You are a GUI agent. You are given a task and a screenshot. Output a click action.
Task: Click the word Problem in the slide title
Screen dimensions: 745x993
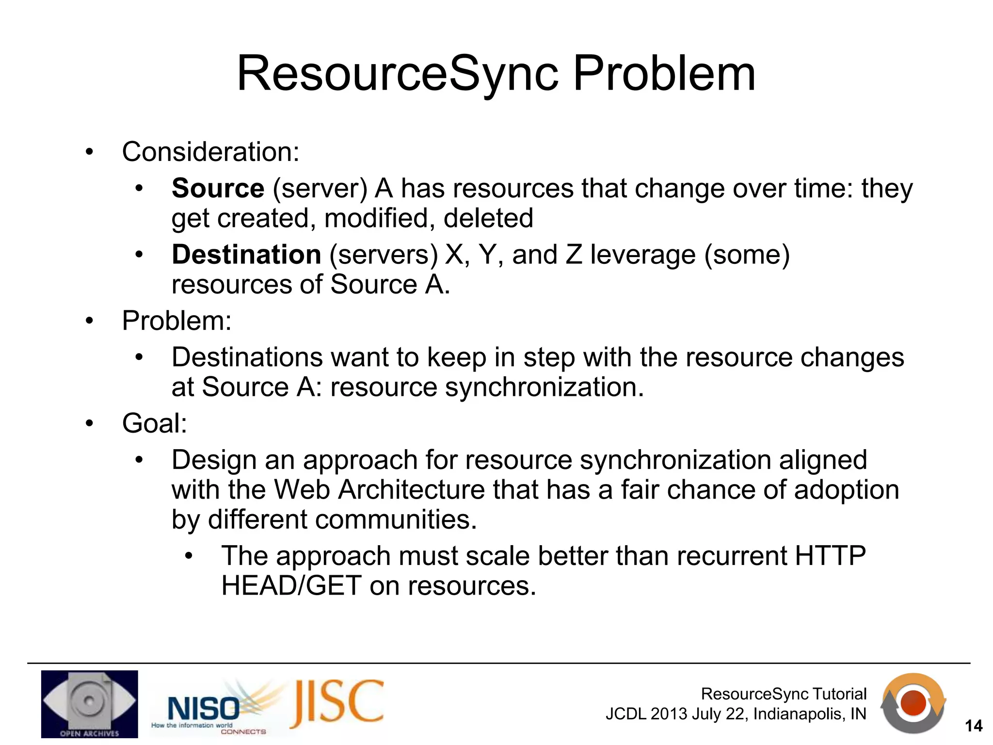664,74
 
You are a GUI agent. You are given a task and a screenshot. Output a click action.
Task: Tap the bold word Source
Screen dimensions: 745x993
218,188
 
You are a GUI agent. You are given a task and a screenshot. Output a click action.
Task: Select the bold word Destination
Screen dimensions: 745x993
246,255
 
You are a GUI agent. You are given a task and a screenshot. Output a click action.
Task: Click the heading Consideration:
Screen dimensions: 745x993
210,152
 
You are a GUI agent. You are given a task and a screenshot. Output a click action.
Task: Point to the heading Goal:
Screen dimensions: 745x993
154,423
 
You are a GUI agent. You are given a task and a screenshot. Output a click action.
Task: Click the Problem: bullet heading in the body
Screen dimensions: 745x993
176,321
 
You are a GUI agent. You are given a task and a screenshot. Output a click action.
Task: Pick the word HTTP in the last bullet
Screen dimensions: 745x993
830,556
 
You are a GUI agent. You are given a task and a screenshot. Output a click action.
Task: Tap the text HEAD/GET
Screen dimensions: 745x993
291,586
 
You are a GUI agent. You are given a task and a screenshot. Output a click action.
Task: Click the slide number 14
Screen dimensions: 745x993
974,726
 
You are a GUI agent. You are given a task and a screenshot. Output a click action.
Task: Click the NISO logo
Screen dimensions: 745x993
204,709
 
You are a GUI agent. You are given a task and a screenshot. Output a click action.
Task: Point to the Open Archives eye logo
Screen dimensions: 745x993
89,704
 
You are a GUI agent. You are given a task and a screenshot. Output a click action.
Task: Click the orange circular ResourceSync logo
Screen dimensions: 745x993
913,704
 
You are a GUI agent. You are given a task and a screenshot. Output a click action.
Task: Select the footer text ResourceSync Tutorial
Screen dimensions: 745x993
784,694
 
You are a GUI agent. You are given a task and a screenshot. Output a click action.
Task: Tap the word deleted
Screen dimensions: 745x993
488,218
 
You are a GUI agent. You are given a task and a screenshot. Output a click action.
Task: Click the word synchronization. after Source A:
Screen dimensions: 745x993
545,387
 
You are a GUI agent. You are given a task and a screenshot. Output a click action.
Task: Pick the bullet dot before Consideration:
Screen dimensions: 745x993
89,152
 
